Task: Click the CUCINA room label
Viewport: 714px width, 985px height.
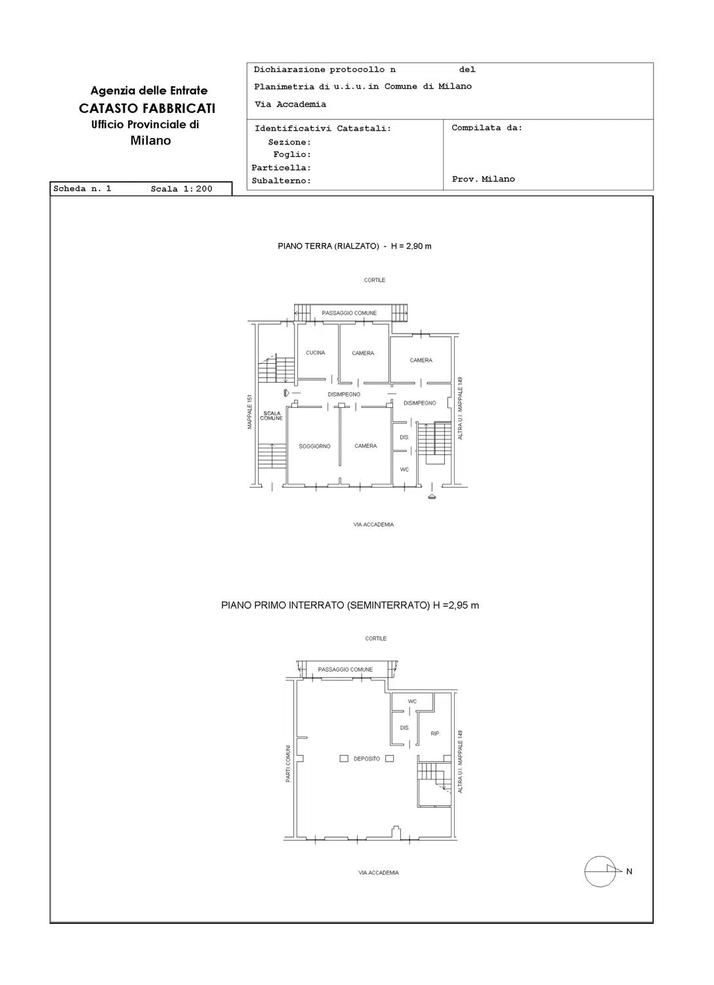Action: (x=315, y=353)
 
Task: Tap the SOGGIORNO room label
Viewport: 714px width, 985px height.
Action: (x=314, y=447)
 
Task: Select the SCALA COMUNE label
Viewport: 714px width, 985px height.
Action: (x=271, y=416)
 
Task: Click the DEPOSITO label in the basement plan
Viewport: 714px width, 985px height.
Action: (x=366, y=758)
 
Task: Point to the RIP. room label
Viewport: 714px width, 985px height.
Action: (x=435, y=733)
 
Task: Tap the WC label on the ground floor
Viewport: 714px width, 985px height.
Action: (x=404, y=470)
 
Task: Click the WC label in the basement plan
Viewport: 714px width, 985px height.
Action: (x=411, y=701)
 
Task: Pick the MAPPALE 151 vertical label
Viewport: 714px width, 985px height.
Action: (x=249, y=412)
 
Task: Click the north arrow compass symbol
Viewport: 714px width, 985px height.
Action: (x=603, y=871)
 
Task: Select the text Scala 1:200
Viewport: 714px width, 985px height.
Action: (x=181, y=189)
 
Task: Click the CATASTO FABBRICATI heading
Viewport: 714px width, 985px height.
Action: (x=147, y=108)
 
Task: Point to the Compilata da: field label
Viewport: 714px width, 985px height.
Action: (x=487, y=128)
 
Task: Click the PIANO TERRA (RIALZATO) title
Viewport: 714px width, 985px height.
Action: (x=328, y=246)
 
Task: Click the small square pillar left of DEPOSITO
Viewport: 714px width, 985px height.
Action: (x=344, y=758)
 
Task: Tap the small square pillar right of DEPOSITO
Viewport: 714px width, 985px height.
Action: (x=389, y=758)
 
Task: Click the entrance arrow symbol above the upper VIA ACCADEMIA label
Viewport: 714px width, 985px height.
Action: (x=432, y=496)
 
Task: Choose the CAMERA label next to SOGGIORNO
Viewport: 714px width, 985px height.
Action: (x=366, y=446)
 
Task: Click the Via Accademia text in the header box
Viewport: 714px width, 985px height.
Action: (x=291, y=104)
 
